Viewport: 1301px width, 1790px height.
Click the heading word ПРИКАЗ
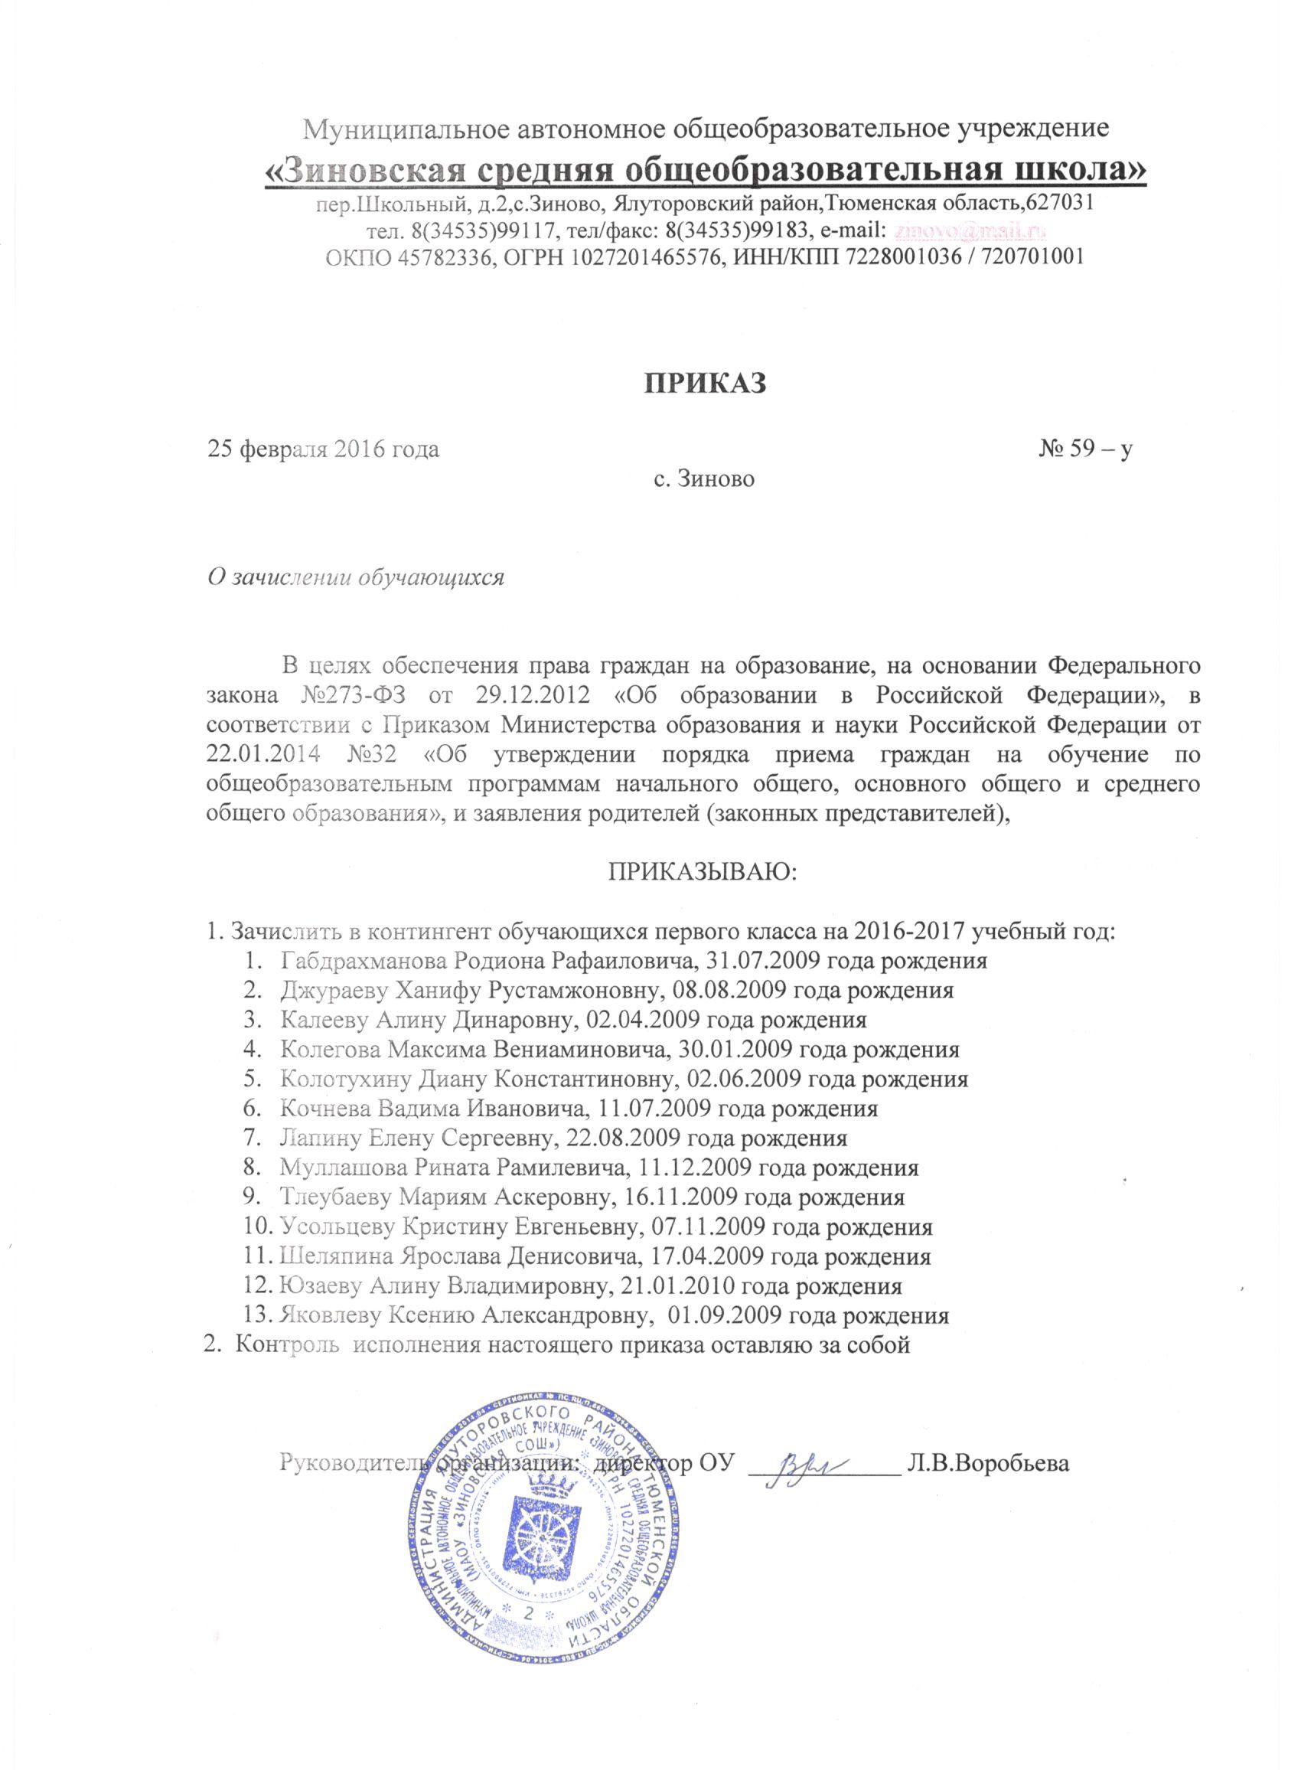pyautogui.click(x=706, y=381)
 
